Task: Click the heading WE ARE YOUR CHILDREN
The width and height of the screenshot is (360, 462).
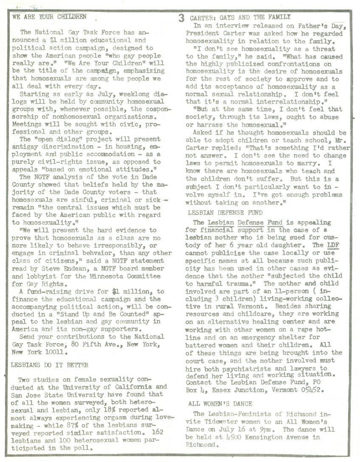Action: point(50,17)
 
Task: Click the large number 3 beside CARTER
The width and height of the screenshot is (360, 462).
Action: point(181,18)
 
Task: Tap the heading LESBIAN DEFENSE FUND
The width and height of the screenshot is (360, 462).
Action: point(225,212)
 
